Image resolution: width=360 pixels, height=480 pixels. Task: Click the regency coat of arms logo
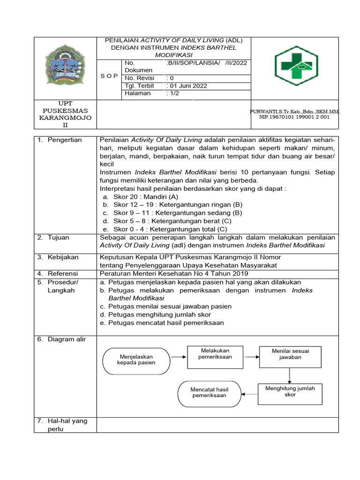pos(66,65)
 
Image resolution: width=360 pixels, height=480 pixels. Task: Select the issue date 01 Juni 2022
pos(187,86)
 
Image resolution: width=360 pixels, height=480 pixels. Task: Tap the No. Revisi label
pos(140,78)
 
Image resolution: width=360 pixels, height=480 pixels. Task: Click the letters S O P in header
pos(109,75)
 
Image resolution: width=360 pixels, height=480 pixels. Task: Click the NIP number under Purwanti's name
pos(294,117)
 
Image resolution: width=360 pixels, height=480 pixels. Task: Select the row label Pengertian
pos(64,140)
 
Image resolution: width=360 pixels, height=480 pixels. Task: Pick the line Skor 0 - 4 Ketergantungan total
pos(170,229)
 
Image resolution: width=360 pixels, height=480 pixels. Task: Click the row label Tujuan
pos(58,238)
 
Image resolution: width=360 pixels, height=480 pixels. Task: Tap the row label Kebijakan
pos(63,257)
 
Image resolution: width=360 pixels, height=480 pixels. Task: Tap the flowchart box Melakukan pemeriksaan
pos(215,354)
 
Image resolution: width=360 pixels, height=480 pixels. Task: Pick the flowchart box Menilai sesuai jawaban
pos(290,354)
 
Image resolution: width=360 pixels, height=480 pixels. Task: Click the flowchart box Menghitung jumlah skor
pos(290,391)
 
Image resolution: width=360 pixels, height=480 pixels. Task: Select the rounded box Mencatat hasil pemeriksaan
pos(209,393)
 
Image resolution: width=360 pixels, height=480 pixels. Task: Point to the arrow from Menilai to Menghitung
pos(290,375)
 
